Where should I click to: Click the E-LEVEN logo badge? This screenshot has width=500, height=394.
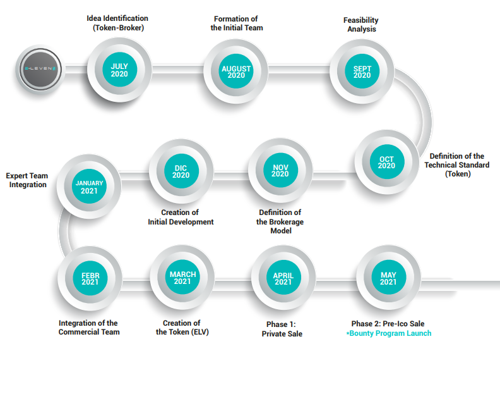tap(40, 69)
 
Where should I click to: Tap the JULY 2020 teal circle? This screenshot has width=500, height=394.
tap(119, 70)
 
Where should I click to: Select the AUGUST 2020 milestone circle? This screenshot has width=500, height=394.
tap(236, 71)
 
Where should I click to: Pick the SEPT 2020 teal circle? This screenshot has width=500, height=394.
tap(362, 71)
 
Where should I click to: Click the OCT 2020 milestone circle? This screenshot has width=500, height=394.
tap(387, 162)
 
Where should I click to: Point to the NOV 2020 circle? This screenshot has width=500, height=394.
tap(280, 170)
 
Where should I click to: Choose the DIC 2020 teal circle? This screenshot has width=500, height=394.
tap(181, 171)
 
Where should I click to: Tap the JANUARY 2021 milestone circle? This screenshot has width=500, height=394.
tap(89, 187)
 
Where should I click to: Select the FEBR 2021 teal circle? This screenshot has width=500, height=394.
tap(90, 278)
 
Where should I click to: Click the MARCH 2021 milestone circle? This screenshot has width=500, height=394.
tap(182, 277)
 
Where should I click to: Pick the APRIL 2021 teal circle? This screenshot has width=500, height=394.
tap(283, 278)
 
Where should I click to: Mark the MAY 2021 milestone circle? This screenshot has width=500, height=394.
tap(388, 278)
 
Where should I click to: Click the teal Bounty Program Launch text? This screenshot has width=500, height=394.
tap(389, 333)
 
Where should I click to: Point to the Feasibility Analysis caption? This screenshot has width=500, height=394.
tap(361, 25)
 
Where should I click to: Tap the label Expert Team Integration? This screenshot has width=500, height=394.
tap(27, 180)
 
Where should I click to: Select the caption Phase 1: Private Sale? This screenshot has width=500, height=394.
tap(282, 329)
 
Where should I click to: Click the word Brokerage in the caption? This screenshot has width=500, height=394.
tap(285, 222)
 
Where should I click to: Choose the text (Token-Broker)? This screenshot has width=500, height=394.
tap(118, 28)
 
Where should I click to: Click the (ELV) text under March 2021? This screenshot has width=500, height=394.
tap(200, 332)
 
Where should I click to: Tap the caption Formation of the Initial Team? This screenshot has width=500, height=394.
tap(237, 23)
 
